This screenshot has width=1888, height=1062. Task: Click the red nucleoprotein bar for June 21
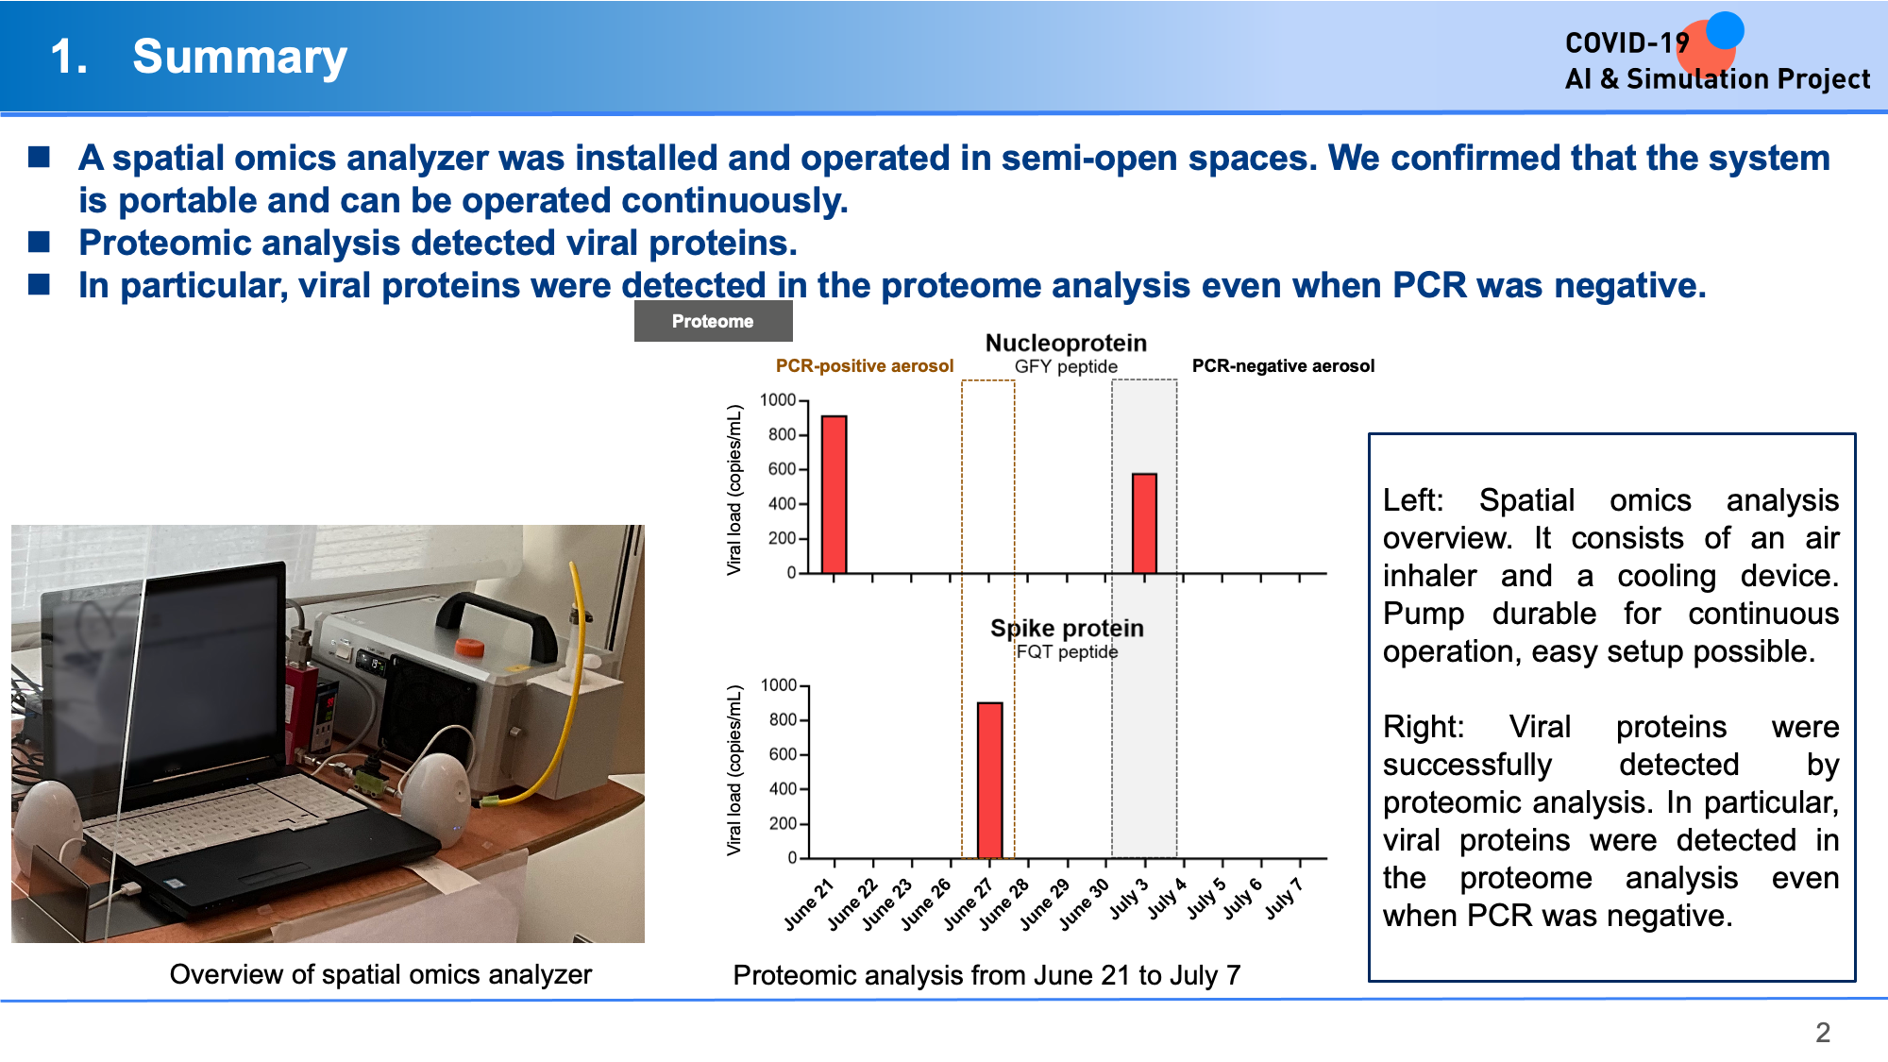click(x=834, y=495)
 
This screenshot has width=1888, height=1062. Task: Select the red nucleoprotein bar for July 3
click(x=1144, y=523)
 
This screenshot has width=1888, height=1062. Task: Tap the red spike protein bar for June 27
click(x=989, y=780)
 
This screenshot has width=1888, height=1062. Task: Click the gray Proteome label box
click(x=713, y=321)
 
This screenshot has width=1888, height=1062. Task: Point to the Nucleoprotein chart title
click(x=1066, y=343)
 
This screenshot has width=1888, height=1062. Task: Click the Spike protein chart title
click(x=1067, y=628)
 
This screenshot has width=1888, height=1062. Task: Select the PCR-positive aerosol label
click(x=865, y=365)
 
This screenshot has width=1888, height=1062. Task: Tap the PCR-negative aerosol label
click(x=1283, y=365)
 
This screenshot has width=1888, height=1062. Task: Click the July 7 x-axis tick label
click(x=1284, y=898)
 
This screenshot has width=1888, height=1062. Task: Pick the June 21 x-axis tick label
click(x=810, y=904)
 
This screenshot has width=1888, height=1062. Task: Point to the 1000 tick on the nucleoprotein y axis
click(x=778, y=400)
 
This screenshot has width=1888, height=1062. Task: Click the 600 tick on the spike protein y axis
click(x=783, y=754)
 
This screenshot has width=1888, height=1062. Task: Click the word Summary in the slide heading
click(x=240, y=57)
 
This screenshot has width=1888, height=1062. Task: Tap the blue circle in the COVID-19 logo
click(x=1725, y=29)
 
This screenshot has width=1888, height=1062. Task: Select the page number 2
click(x=1823, y=1032)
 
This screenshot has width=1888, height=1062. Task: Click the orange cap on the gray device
click(x=469, y=647)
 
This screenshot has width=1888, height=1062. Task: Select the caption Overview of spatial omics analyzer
click(x=380, y=974)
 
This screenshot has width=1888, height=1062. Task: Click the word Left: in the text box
click(x=1413, y=500)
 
